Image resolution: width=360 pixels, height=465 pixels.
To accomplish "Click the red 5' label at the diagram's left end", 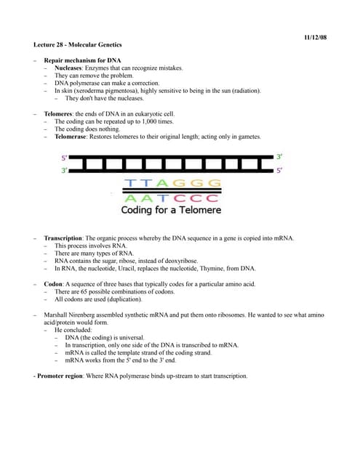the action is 64,158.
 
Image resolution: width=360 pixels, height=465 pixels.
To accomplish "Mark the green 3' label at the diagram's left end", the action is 64,169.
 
